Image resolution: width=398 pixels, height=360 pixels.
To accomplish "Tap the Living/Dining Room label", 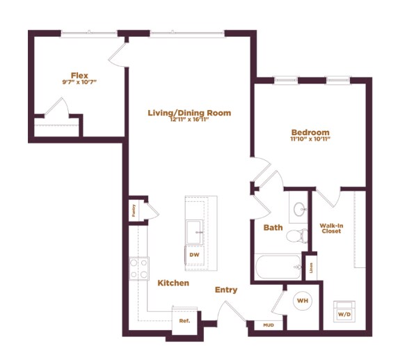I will point(189,113).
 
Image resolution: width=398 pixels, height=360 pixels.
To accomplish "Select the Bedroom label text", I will point(310,132).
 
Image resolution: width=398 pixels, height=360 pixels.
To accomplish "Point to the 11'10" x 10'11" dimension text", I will point(310,139).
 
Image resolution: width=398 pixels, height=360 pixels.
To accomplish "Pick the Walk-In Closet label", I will point(331,228).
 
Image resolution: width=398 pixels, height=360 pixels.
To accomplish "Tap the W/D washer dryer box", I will point(344,311).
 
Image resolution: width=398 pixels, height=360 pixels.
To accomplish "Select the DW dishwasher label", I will point(194,255).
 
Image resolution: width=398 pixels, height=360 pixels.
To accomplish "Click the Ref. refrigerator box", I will point(184,321).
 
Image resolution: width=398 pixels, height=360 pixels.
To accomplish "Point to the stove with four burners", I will point(138,268).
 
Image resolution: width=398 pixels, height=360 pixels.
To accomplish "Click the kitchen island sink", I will point(194,230).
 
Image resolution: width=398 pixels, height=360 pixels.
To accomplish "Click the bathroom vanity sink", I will point(300,209).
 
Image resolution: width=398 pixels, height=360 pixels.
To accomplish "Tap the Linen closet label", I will point(310,266).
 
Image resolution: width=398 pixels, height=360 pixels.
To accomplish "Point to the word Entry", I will point(226,290).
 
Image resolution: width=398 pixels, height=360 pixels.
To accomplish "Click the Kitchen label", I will point(173,283).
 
